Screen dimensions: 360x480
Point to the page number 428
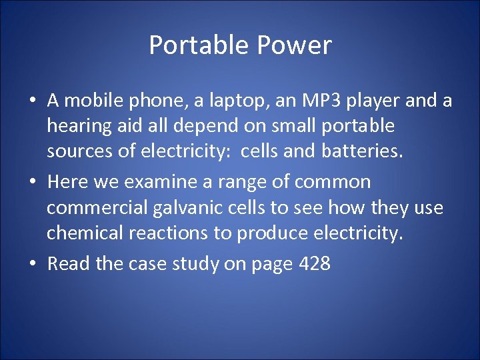(x=315, y=263)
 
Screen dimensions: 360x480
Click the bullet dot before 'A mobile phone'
(x=32, y=101)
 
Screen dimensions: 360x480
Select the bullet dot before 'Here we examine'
(x=32, y=183)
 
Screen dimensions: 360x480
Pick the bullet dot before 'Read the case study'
(x=32, y=264)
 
